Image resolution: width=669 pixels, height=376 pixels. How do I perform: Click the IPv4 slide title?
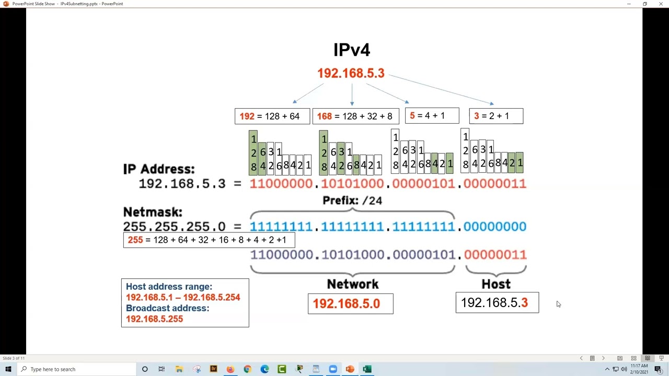point(352,50)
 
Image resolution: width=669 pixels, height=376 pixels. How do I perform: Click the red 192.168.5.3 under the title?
point(351,73)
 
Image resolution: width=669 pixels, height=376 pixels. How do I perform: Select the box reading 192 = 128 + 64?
point(272,116)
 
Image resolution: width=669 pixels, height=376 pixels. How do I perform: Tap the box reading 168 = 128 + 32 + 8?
point(356,116)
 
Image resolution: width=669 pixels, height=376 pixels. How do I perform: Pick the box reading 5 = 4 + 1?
point(432,115)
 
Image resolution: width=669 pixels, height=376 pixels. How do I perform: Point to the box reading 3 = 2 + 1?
point(496,116)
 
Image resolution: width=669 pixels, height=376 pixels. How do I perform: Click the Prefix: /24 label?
point(352,201)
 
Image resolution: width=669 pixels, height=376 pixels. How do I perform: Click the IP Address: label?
point(159,169)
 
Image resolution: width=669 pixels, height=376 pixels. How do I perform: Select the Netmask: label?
point(153,212)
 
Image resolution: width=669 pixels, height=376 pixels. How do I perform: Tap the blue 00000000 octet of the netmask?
point(495,227)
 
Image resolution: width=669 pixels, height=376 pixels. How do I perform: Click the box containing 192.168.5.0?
point(351,304)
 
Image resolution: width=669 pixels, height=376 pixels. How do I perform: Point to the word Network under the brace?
point(353,284)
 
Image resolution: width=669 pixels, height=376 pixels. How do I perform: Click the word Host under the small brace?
point(496,284)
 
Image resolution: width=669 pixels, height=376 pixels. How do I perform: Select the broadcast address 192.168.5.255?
point(154,319)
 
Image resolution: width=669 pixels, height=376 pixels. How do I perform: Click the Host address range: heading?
point(169,287)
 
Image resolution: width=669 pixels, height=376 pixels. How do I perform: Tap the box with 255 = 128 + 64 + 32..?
point(209,240)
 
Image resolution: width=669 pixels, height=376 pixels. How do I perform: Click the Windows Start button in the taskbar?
point(8,369)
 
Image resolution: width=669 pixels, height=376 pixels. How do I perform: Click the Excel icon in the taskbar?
point(367,369)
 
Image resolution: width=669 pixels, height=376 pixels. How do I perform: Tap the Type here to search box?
point(76,369)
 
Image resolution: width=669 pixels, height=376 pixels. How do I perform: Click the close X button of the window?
point(661,4)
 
